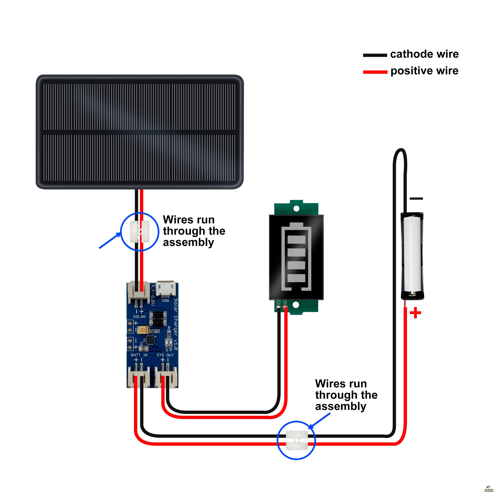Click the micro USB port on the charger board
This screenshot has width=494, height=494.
pos(165,289)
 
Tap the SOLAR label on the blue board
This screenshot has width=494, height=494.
pos(139,316)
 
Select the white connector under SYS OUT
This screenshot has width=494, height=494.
pos(166,379)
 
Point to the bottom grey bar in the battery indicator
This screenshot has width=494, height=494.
pos(296,278)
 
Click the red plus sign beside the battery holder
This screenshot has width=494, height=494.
pos(415,313)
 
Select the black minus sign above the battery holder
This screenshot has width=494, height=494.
pos(416,198)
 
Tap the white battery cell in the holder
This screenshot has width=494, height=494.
pos(412,253)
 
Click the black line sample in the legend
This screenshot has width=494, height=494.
pos(375,55)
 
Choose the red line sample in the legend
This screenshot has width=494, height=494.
pos(375,72)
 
